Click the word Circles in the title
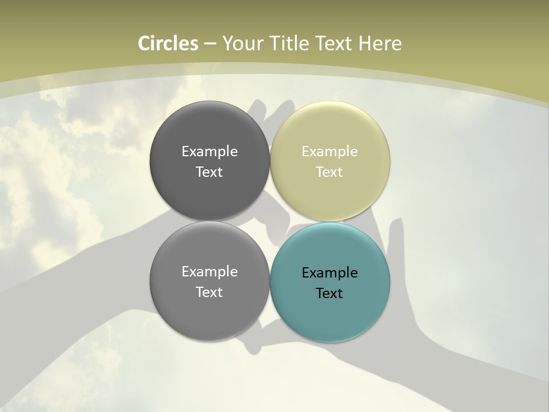tap(168, 43)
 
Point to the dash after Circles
tap(210, 44)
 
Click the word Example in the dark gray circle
tap(209, 152)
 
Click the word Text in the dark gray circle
tap(209, 172)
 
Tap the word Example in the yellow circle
tap(330, 152)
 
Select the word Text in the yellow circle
tap(330, 172)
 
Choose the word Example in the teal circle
tap(330, 273)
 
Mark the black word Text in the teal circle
tap(330, 294)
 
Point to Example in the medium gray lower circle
tap(209, 272)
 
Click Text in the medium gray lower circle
tap(209, 292)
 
